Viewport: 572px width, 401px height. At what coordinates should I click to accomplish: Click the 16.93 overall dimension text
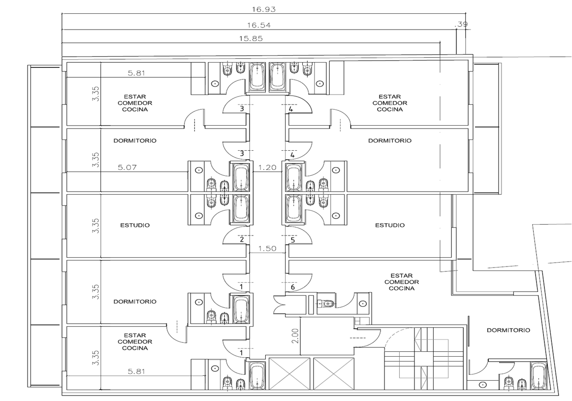coord(264,9)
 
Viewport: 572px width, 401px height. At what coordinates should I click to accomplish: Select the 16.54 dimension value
coord(258,25)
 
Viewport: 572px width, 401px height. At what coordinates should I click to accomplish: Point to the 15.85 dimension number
coord(251,38)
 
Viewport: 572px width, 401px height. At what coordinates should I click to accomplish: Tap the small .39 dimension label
coord(461,25)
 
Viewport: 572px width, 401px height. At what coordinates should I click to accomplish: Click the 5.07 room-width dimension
coord(127,168)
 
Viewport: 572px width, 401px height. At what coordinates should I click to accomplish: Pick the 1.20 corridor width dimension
coord(267,168)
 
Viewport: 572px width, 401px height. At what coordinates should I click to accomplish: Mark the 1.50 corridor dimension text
coord(267,249)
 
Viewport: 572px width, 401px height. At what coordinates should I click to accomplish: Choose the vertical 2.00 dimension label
coord(295,336)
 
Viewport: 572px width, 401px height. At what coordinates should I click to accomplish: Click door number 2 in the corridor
coord(242,240)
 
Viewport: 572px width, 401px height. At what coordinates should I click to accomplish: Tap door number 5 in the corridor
coord(292,240)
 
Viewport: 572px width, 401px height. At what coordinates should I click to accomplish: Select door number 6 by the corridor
coord(292,287)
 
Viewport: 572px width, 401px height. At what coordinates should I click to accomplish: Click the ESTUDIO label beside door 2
coord(135,225)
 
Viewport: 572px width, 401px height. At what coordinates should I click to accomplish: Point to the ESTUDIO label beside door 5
coord(390,225)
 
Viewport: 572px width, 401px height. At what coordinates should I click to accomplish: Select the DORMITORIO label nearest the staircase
coord(508,330)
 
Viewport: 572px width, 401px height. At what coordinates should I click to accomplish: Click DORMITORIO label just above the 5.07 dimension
coord(135,140)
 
